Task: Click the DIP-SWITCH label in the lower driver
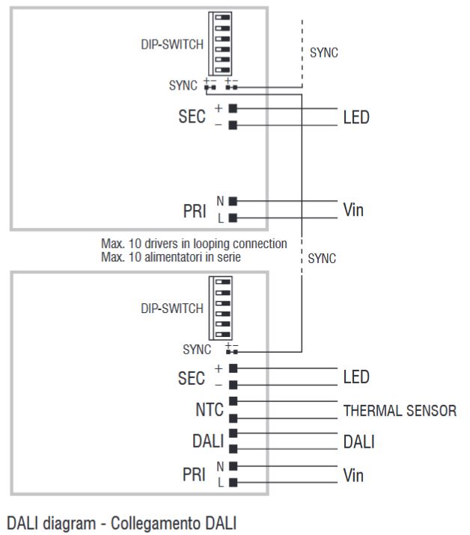pyautogui.click(x=172, y=309)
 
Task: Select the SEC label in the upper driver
pyautogui.click(x=192, y=117)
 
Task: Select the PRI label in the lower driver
pyautogui.click(x=193, y=474)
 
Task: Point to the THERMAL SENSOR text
pyautogui.click(x=400, y=411)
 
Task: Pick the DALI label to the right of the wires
pyautogui.click(x=359, y=442)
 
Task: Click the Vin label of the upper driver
pyautogui.click(x=353, y=210)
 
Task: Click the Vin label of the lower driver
pyautogui.click(x=353, y=474)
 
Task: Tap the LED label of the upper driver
pyautogui.click(x=356, y=117)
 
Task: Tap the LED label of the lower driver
pyautogui.click(x=356, y=377)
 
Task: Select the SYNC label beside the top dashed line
pyautogui.click(x=325, y=54)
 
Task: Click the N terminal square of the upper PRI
pyautogui.click(x=234, y=201)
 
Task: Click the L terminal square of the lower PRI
pyautogui.click(x=234, y=483)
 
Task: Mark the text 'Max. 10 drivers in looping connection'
pyautogui.click(x=194, y=244)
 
